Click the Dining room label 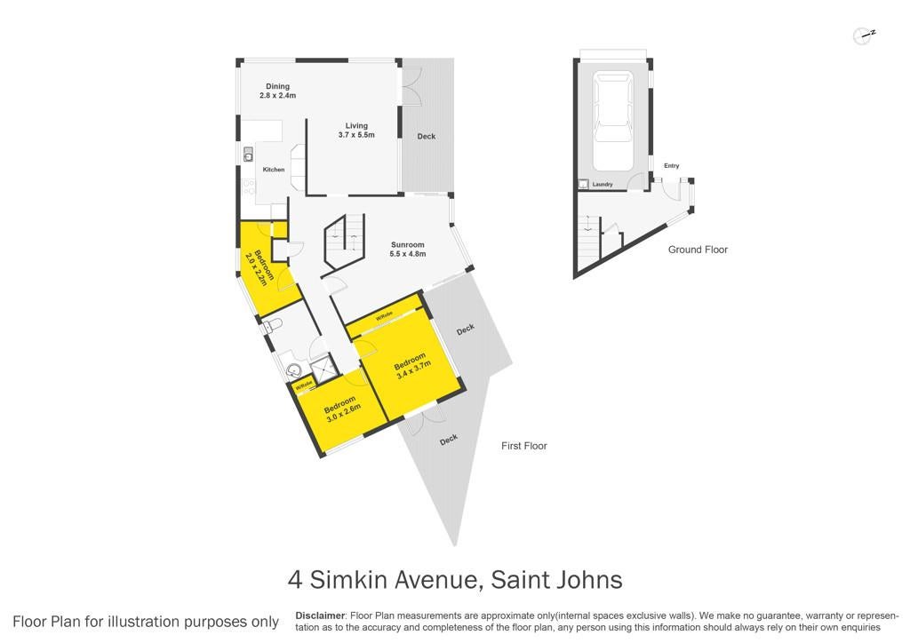click(x=277, y=86)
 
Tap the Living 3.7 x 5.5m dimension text click(x=356, y=135)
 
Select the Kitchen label click(x=274, y=170)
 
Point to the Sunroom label click(x=407, y=244)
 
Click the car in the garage click(x=613, y=121)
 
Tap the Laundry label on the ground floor click(x=603, y=185)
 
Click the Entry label click(x=672, y=166)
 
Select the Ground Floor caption click(x=698, y=250)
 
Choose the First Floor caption click(x=524, y=446)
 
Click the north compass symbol click(x=864, y=36)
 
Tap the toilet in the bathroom click(x=272, y=325)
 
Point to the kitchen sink click(x=248, y=155)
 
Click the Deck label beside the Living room click(x=426, y=136)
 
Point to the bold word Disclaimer click(x=320, y=615)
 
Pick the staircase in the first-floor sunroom click(x=344, y=242)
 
